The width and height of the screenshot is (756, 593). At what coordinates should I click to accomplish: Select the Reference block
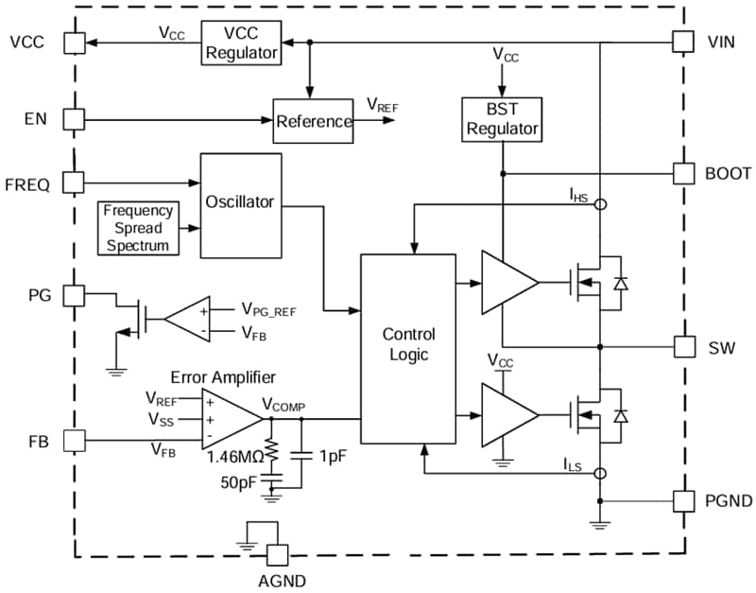(x=314, y=121)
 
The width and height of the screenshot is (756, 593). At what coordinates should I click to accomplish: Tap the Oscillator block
(x=241, y=203)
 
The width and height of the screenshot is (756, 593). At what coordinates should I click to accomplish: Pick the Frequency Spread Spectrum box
(x=139, y=228)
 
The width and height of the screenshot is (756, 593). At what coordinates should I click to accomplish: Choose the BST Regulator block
(x=501, y=119)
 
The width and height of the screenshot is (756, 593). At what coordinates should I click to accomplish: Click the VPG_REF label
(x=271, y=309)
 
